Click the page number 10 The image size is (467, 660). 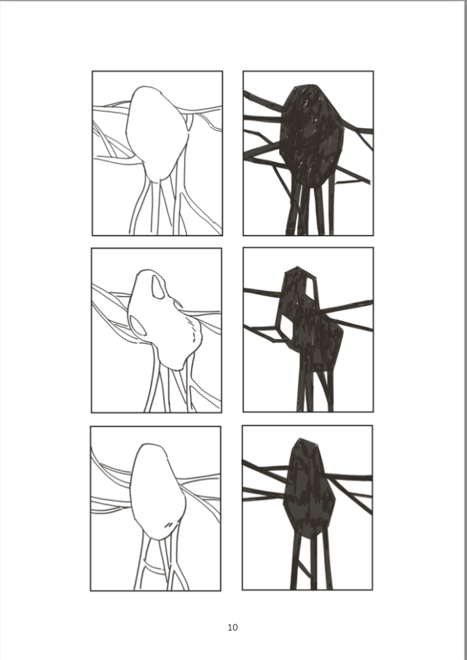[233, 627]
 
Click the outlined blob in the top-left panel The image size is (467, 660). [157, 134]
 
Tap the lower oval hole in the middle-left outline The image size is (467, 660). [138, 326]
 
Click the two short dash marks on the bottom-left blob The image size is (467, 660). [169, 525]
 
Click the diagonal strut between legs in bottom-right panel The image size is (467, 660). [304, 568]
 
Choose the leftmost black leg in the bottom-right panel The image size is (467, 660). [295, 560]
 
